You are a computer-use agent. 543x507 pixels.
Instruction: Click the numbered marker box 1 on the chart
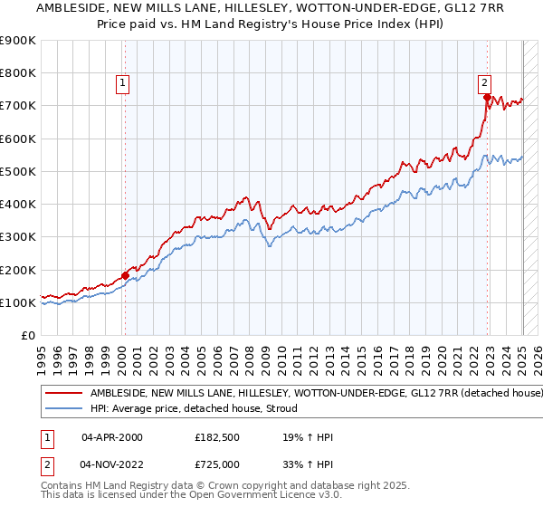click(x=122, y=82)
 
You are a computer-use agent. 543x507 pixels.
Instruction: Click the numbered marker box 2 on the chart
click(x=485, y=82)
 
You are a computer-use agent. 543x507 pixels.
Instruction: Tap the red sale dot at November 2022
click(x=487, y=98)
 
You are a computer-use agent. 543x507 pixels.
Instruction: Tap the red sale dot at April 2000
click(x=125, y=275)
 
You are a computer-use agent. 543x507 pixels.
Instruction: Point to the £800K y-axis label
click(x=18, y=73)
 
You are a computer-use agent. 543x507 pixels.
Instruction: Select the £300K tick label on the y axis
click(x=18, y=237)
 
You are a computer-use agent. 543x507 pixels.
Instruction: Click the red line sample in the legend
click(x=63, y=394)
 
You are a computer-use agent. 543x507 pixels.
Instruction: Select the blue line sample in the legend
click(x=63, y=408)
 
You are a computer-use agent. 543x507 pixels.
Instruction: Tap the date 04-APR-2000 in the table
click(x=111, y=437)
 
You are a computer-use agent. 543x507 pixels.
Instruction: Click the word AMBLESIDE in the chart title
click(x=71, y=7)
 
